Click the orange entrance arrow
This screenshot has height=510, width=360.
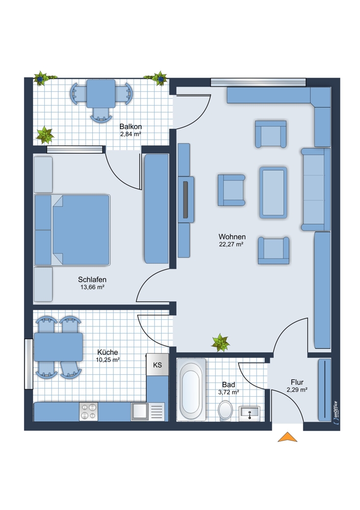tap(287, 437)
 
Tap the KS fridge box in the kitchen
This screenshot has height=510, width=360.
tap(158, 365)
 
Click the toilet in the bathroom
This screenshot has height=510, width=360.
tap(225, 411)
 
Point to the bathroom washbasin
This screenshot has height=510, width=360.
tap(249, 414)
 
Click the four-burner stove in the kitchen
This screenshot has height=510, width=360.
tap(89, 412)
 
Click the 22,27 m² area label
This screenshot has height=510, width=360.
tap(231, 244)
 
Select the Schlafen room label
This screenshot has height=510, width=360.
tap(92, 279)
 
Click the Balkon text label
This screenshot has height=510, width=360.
tap(131, 126)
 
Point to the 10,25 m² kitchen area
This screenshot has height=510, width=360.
tap(108, 360)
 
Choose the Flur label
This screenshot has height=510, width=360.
tap(297, 382)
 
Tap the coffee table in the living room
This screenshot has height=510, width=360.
tap(273, 192)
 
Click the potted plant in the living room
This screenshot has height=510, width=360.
tap(220, 343)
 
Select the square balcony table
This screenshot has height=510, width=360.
tap(101, 93)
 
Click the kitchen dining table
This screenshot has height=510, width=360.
tap(58, 347)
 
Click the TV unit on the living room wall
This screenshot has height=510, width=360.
tap(186, 200)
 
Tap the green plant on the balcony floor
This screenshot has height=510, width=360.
tap(44, 135)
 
